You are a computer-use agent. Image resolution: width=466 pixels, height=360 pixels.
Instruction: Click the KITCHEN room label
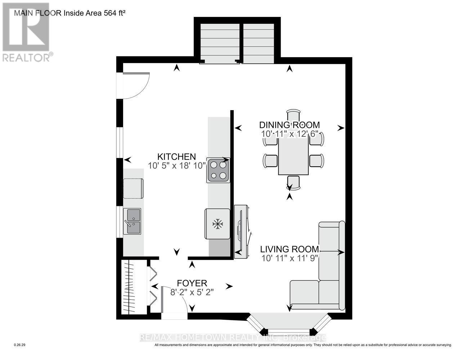point(176,157)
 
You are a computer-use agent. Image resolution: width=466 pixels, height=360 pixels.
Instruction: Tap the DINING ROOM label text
point(290,125)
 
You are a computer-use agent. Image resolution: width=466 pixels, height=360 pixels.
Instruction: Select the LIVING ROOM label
point(290,249)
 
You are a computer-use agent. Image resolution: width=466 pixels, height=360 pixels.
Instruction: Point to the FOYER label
point(192,283)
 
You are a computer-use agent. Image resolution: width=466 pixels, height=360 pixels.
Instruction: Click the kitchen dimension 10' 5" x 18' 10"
point(176,166)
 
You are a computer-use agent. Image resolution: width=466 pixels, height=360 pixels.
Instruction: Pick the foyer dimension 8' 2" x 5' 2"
point(192,292)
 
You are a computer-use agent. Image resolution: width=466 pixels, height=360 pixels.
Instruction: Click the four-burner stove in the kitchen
point(218,170)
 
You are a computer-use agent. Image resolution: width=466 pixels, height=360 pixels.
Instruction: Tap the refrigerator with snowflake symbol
point(217,224)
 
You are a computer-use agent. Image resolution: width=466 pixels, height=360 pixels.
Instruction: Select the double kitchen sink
point(132,221)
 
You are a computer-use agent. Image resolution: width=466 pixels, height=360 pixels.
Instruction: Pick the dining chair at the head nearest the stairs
point(294,116)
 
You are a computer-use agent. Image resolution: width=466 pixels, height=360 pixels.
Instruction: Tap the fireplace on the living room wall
point(241,231)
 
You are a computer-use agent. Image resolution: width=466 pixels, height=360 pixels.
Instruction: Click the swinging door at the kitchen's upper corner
point(136,85)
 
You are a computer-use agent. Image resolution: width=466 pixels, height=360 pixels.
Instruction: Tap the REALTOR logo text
point(27,57)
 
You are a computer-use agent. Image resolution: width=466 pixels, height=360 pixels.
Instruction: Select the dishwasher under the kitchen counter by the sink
point(133,188)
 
